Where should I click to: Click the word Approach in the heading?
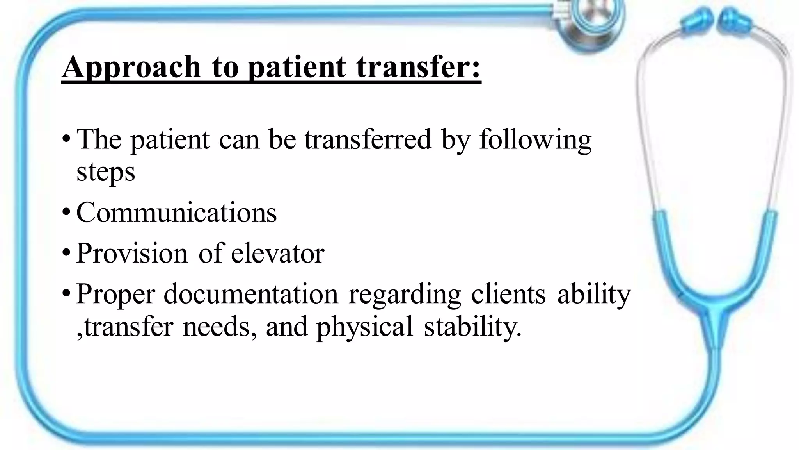tap(131, 67)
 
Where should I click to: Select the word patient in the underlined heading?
tap(297, 67)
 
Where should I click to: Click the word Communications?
tap(176, 212)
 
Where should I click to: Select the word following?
tap(535, 140)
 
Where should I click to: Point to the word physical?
tap(364, 327)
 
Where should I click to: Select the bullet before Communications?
tap(66, 213)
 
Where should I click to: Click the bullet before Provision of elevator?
tap(66, 254)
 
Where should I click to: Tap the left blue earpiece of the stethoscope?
tap(698, 21)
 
